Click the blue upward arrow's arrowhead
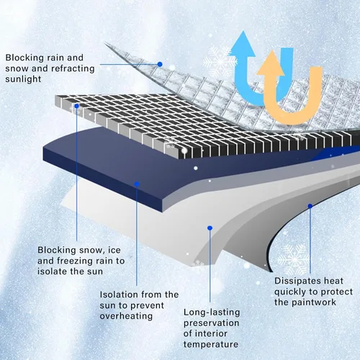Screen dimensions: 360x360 243,45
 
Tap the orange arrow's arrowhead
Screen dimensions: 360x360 271,63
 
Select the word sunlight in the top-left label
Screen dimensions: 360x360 23,79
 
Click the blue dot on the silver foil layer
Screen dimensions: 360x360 160,64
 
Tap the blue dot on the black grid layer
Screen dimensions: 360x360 76,106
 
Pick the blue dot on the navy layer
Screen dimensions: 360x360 137,184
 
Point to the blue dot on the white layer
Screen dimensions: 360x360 210,228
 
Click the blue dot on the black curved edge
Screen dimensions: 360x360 310,206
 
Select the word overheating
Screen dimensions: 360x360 126,316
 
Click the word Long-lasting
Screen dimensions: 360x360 212,312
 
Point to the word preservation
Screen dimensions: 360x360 212,323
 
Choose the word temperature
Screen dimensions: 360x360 211,344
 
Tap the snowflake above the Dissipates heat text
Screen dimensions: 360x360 294,259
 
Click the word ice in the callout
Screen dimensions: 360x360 114,250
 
